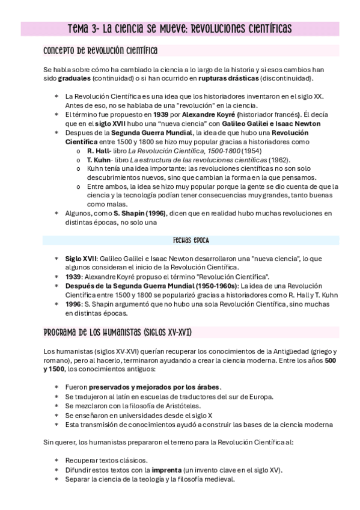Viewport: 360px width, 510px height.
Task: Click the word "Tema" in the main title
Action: click(x=78, y=28)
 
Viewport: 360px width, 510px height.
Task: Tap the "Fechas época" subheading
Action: click(x=191, y=240)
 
